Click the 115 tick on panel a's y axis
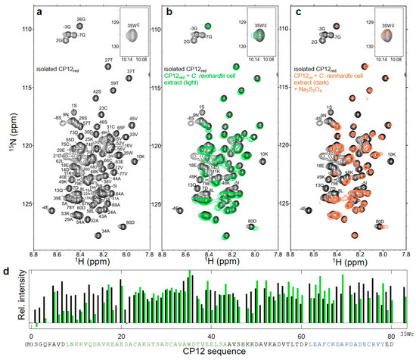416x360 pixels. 21,87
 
